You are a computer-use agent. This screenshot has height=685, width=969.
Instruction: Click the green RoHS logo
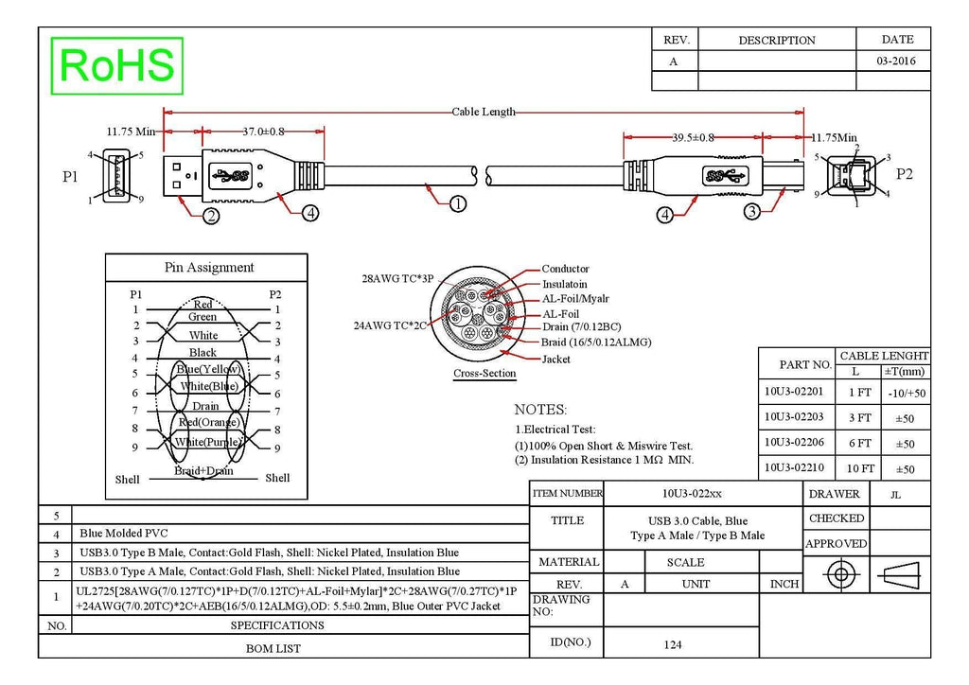(116, 65)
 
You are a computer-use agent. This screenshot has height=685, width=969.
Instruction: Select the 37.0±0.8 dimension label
(263, 132)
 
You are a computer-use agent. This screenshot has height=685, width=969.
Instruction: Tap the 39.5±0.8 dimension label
(693, 137)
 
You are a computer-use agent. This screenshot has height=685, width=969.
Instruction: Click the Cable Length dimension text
(484, 112)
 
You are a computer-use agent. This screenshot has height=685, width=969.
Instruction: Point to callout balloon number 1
(457, 203)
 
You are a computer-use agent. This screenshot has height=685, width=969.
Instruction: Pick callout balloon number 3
(751, 211)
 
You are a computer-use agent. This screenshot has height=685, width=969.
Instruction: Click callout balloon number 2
(211, 216)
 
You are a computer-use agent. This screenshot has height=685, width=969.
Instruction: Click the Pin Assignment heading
(209, 268)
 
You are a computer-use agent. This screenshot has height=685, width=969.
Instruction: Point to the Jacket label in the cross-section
(555, 359)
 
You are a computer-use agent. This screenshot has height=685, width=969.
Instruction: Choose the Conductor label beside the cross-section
(566, 269)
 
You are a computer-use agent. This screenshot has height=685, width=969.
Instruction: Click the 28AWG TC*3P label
(397, 278)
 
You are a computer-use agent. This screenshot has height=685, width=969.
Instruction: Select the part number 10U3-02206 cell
(794, 442)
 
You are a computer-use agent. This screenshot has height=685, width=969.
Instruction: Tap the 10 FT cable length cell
(860, 469)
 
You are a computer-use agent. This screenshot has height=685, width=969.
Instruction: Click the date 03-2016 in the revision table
(896, 61)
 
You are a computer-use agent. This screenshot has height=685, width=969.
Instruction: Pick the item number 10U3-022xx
(692, 494)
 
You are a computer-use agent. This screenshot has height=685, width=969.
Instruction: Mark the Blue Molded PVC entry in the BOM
(124, 533)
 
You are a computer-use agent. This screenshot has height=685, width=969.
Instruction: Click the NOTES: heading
(540, 410)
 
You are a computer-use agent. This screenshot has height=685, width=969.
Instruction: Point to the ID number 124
(673, 645)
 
